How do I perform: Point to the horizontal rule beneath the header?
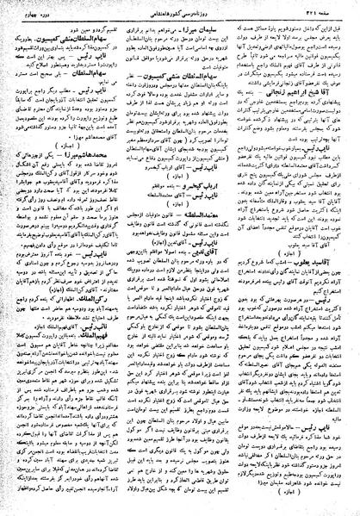(x=180, y=22)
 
